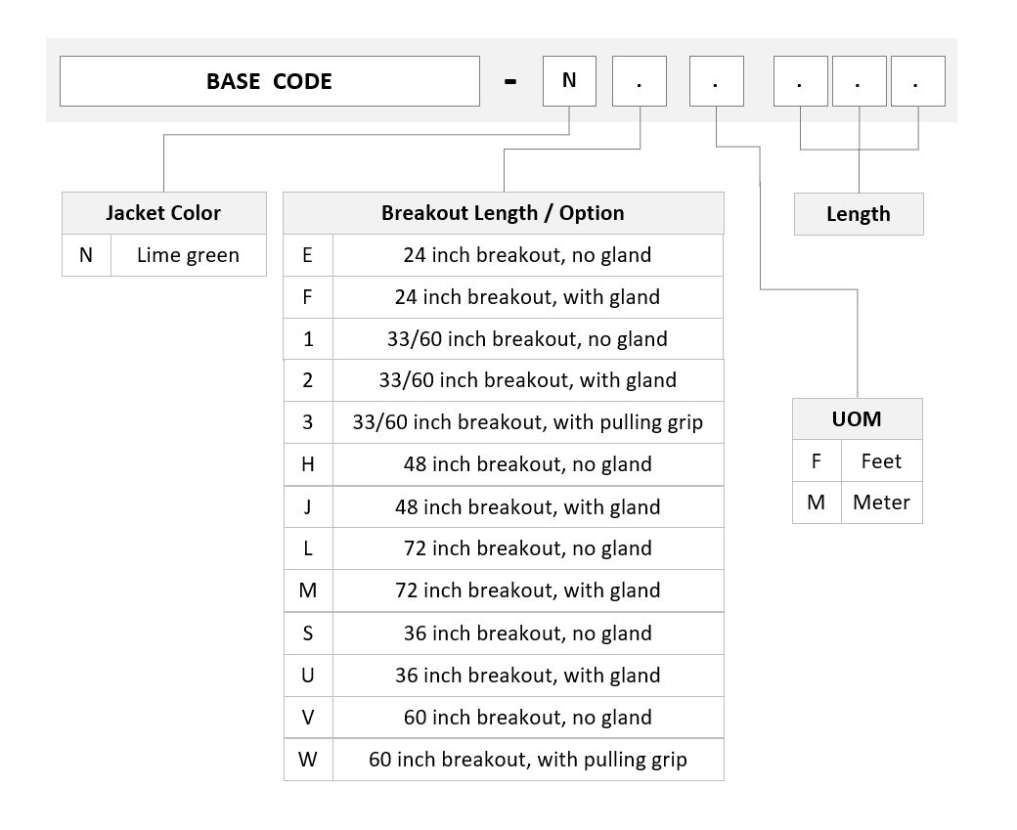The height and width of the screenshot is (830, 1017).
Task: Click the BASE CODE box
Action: (270, 81)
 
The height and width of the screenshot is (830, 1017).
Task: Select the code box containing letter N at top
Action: (569, 81)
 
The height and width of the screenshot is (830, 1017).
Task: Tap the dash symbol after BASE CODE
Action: (510, 82)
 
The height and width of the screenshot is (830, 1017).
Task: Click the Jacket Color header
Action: (164, 213)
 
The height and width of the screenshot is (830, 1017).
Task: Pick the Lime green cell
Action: (188, 255)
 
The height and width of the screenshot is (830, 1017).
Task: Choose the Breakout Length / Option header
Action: (504, 213)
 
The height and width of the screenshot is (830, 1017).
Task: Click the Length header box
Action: (859, 214)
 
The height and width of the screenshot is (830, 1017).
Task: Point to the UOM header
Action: (858, 418)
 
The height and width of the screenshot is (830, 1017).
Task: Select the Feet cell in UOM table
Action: (881, 461)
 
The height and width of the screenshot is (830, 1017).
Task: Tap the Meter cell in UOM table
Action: (881, 502)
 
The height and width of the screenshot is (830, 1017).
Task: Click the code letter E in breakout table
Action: (307, 255)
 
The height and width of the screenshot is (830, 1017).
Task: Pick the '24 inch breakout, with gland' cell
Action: (528, 297)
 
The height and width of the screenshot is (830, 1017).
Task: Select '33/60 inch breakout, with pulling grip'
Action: (528, 422)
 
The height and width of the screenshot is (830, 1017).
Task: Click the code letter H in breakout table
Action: (307, 464)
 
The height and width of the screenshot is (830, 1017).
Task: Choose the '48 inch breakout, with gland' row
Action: (504, 506)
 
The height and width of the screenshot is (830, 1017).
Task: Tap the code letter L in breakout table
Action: (307, 548)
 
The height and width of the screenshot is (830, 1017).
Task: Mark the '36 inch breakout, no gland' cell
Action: (528, 633)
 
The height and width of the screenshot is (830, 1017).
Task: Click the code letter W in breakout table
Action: (307, 760)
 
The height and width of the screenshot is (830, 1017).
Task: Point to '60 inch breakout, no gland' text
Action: (528, 718)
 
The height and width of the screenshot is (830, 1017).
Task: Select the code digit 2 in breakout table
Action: (307, 380)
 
